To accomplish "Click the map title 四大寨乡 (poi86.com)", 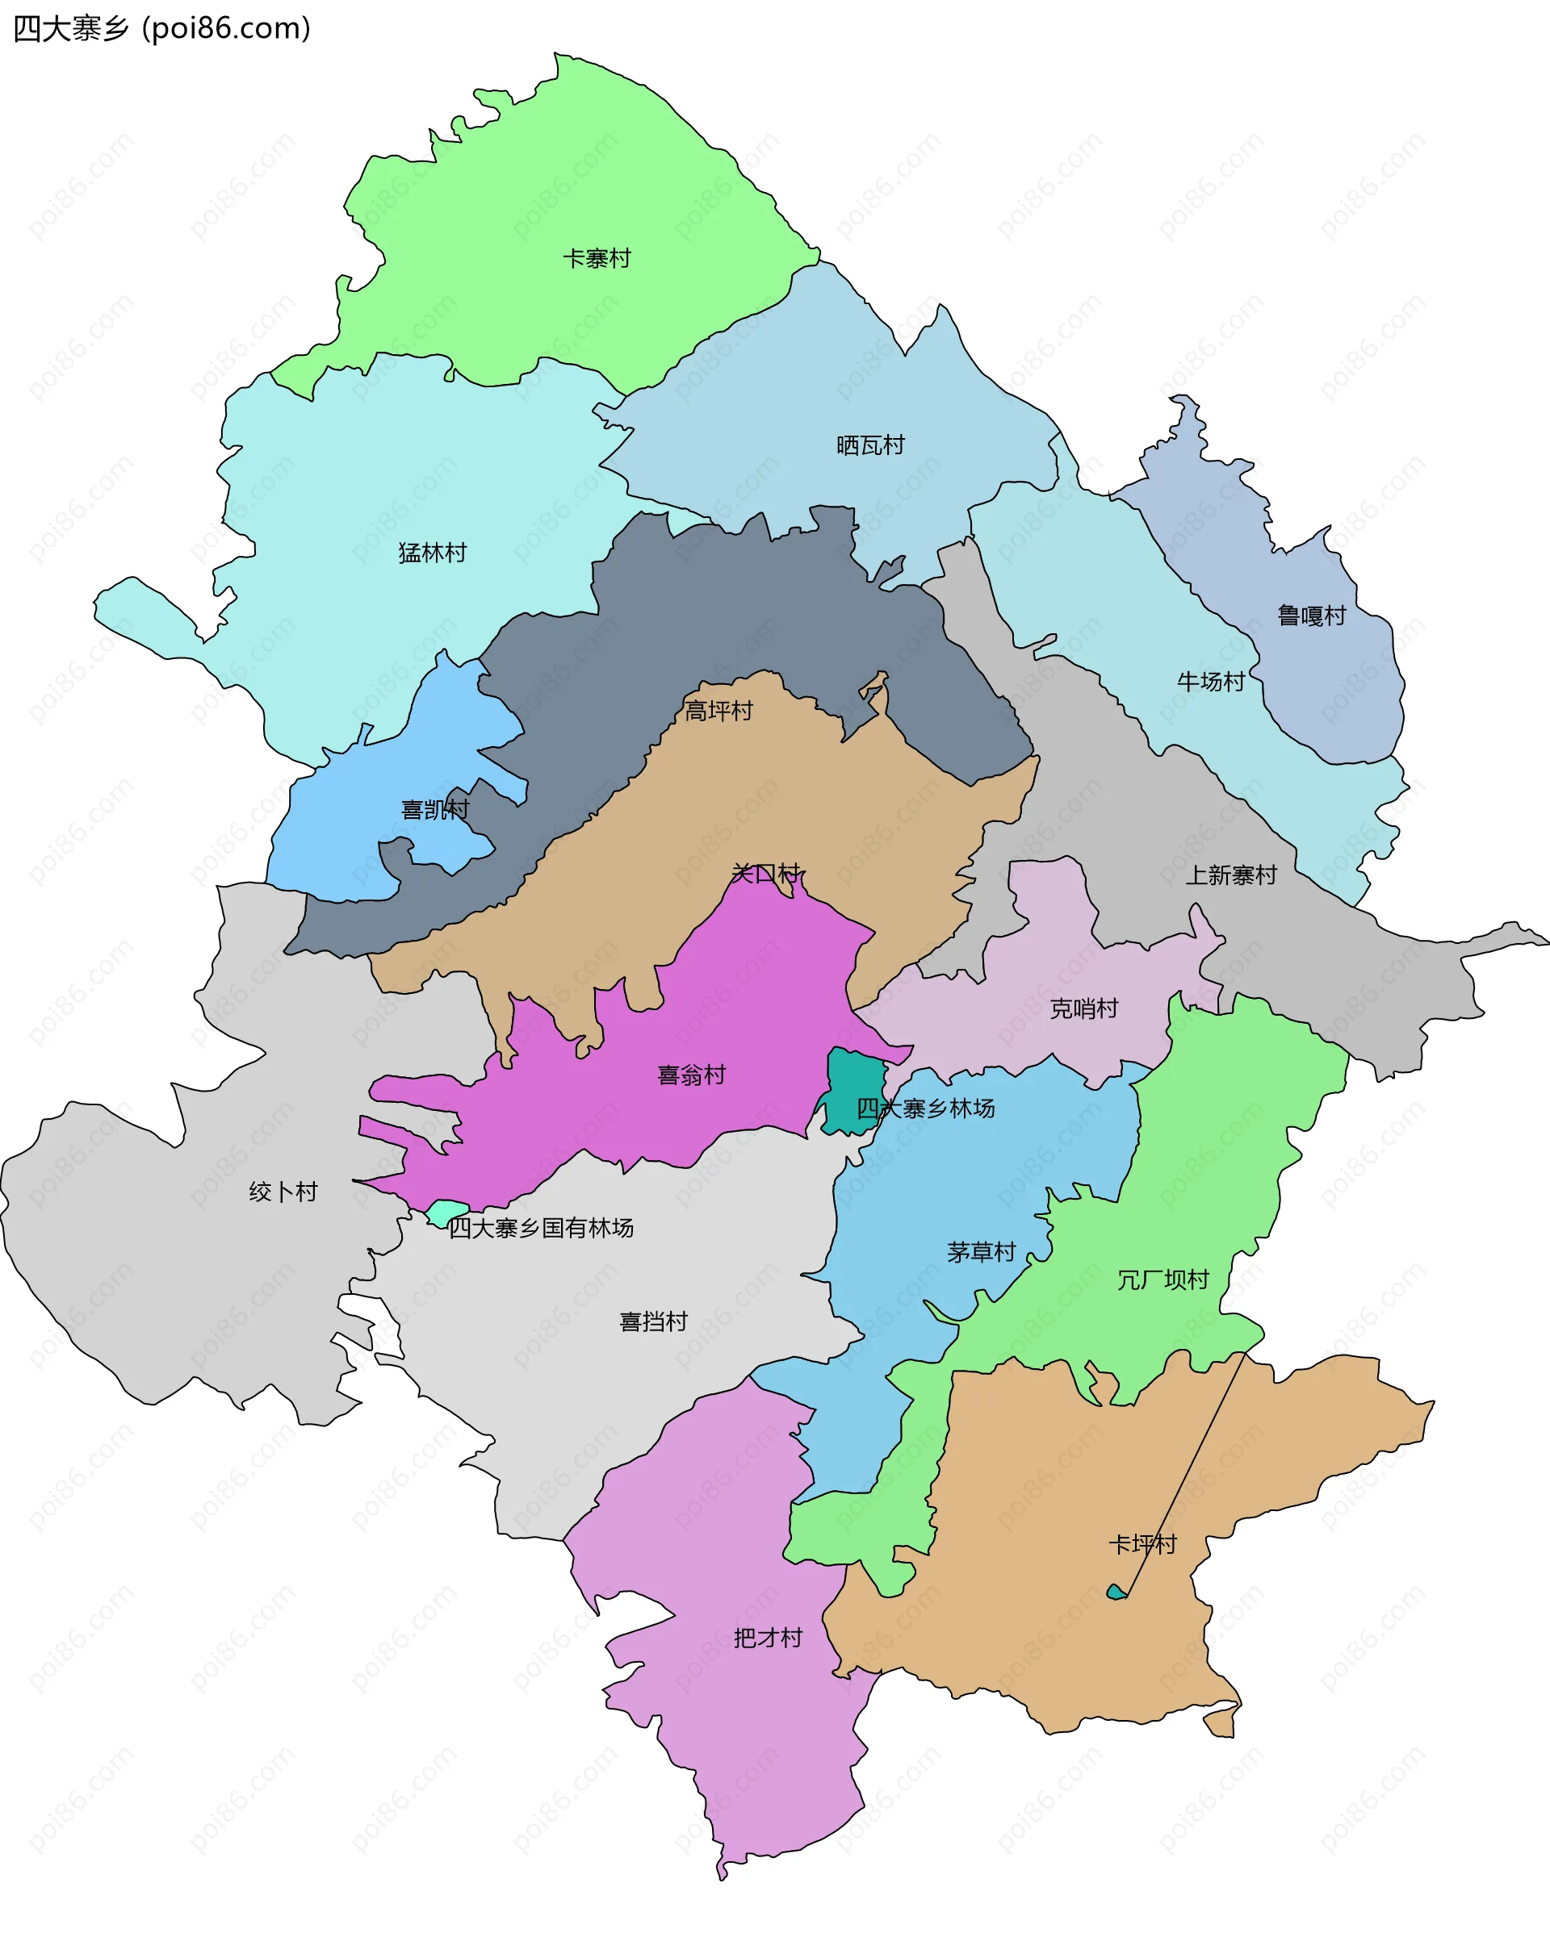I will (x=161, y=29).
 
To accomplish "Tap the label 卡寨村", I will (x=597, y=258).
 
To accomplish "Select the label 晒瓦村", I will (x=870, y=445).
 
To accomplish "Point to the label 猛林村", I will (x=433, y=553).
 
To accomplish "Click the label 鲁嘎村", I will (x=1311, y=615).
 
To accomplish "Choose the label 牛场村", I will (x=1211, y=682).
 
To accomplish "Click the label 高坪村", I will (x=718, y=711).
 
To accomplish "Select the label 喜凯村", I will (x=435, y=810).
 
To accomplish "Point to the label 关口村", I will (x=765, y=872).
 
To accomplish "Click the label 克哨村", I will (x=1083, y=1008).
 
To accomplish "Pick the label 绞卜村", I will (x=283, y=1192).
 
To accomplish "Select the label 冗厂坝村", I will (x=1162, y=1280).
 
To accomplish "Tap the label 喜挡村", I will (x=653, y=1321).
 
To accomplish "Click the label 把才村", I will (x=768, y=1638).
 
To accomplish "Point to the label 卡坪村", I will (x=1142, y=1544).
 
